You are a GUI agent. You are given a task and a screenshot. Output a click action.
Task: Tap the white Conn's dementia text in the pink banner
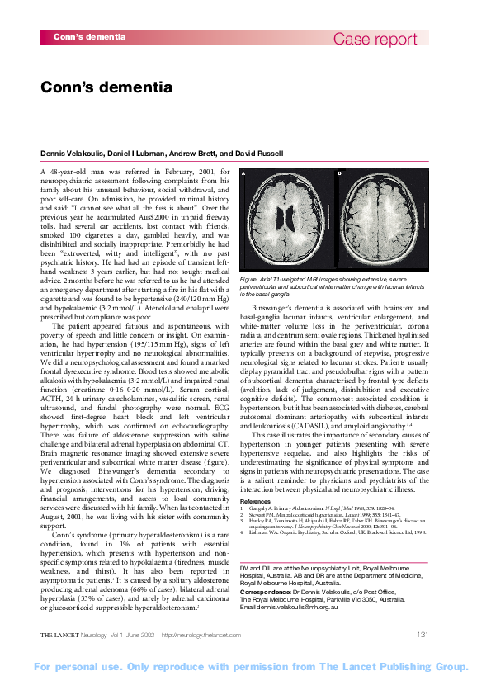coord(89,37)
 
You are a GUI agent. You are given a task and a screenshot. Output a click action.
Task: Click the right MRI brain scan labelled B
coord(376,219)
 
